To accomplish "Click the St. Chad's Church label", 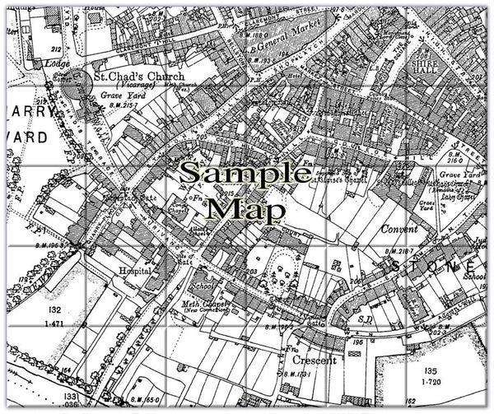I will coord(137,77).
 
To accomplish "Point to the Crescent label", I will coord(314,361).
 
